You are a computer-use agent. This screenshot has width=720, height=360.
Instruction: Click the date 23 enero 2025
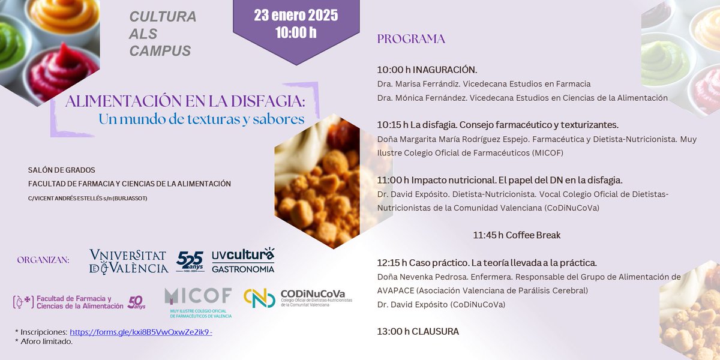(x=295, y=16)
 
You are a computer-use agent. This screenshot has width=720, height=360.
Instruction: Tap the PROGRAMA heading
(x=411, y=40)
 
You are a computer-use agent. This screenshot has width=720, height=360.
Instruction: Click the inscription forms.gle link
(x=141, y=331)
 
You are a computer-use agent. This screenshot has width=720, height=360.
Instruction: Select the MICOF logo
(x=198, y=302)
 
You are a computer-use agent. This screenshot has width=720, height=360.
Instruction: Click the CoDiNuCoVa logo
(x=298, y=298)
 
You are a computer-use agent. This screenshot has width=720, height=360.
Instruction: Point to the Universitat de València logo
(x=128, y=261)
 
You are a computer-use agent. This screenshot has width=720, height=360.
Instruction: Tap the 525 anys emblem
(x=190, y=262)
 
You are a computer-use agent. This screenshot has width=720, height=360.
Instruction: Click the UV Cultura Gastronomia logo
(x=243, y=260)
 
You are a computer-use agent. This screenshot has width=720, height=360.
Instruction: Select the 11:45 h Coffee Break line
(x=517, y=235)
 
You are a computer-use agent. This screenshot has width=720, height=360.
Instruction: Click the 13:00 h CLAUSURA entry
(x=418, y=331)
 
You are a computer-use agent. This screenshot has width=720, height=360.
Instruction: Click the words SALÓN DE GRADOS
(x=61, y=170)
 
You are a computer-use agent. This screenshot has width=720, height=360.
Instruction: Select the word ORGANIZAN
(x=43, y=260)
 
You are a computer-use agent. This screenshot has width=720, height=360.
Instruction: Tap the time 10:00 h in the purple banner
(x=295, y=32)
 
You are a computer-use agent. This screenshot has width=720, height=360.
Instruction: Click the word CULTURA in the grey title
(x=163, y=17)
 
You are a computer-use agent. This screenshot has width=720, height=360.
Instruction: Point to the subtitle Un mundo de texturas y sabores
(x=202, y=119)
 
